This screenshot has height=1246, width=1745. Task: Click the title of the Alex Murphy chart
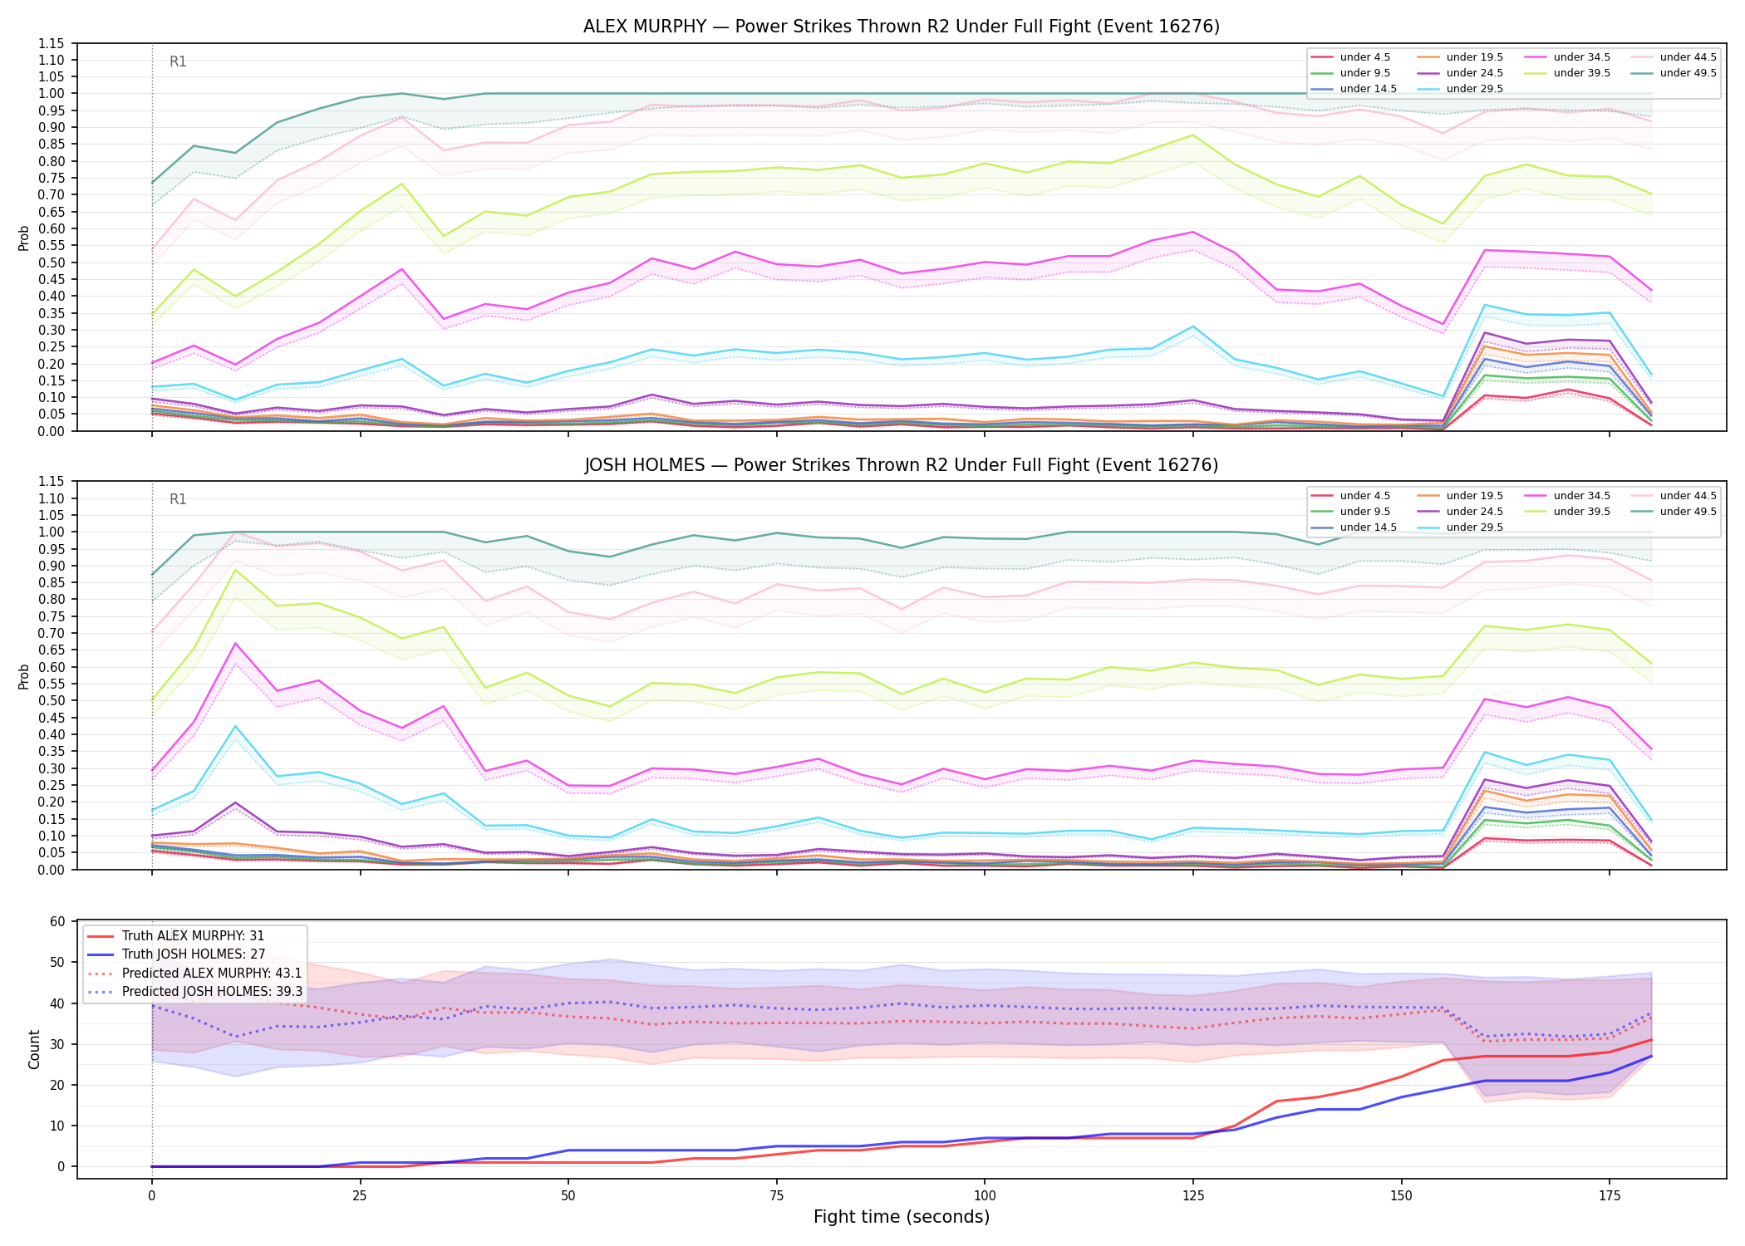click(902, 27)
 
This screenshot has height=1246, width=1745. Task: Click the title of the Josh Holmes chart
click(902, 465)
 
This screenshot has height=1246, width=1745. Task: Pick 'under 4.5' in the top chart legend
click(1365, 57)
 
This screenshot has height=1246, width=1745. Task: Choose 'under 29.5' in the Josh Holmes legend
click(1475, 527)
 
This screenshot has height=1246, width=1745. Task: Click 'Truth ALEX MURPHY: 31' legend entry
click(193, 936)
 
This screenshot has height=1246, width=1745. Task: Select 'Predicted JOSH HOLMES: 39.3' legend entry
click(212, 991)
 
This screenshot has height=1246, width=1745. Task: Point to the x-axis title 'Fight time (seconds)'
click(902, 1217)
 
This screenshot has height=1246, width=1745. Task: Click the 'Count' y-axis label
click(34, 1049)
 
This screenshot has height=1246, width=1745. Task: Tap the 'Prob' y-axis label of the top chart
click(24, 238)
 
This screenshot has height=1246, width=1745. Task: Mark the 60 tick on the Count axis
click(57, 921)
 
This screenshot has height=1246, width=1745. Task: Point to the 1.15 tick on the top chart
click(51, 43)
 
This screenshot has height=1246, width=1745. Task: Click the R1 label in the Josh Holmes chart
click(178, 499)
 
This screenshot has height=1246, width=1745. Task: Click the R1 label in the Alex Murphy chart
click(178, 61)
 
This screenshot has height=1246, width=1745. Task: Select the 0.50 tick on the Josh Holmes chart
click(51, 700)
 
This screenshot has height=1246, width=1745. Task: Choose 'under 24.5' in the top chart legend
click(1475, 73)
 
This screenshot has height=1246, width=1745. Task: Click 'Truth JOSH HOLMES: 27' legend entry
click(194, 954)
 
